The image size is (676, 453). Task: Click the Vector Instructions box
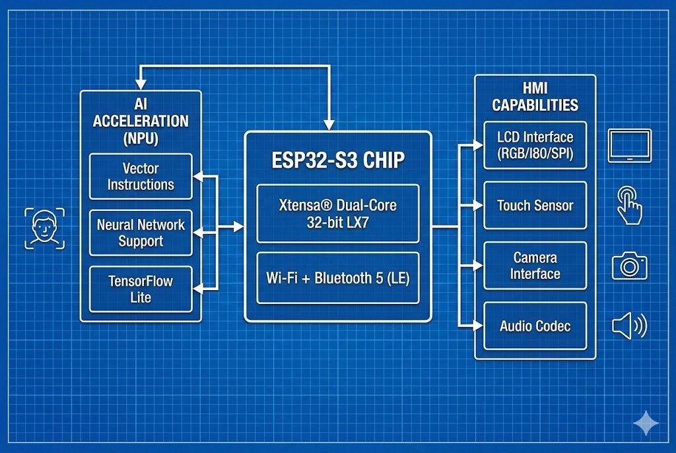141,176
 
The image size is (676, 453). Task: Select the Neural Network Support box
141,233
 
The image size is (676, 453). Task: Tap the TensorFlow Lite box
141,289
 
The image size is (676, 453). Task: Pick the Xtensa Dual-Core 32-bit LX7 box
338,214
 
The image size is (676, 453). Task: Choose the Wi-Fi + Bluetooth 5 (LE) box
338,278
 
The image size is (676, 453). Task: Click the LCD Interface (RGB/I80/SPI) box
535,145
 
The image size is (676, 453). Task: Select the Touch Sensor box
535,205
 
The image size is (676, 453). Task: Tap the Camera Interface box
535,266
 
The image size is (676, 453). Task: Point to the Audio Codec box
535,326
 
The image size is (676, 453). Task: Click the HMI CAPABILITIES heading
535,96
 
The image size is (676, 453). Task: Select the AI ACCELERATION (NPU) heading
141,121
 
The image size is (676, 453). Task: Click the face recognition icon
45,228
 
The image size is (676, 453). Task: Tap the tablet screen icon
630,145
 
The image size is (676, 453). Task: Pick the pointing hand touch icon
629,206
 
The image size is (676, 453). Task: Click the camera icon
629,265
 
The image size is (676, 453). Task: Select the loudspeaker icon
629,326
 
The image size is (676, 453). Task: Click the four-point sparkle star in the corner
645,423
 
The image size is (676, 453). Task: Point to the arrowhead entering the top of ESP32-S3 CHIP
329,124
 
